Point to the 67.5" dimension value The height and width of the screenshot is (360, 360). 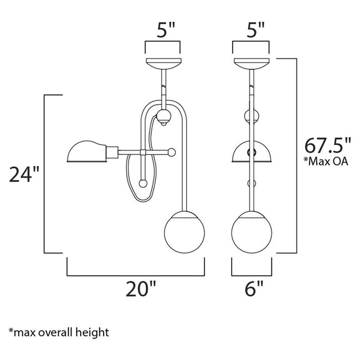pyautogui.click(x=328, y=148)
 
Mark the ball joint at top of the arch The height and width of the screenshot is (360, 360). pyautogui.click(x=163, y=117)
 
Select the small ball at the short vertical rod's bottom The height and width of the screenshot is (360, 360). pyautogui.click(x=143, y=183)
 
